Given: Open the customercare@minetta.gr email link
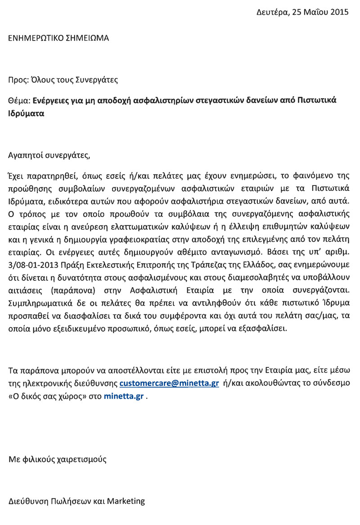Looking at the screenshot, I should [x=169, y=384].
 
